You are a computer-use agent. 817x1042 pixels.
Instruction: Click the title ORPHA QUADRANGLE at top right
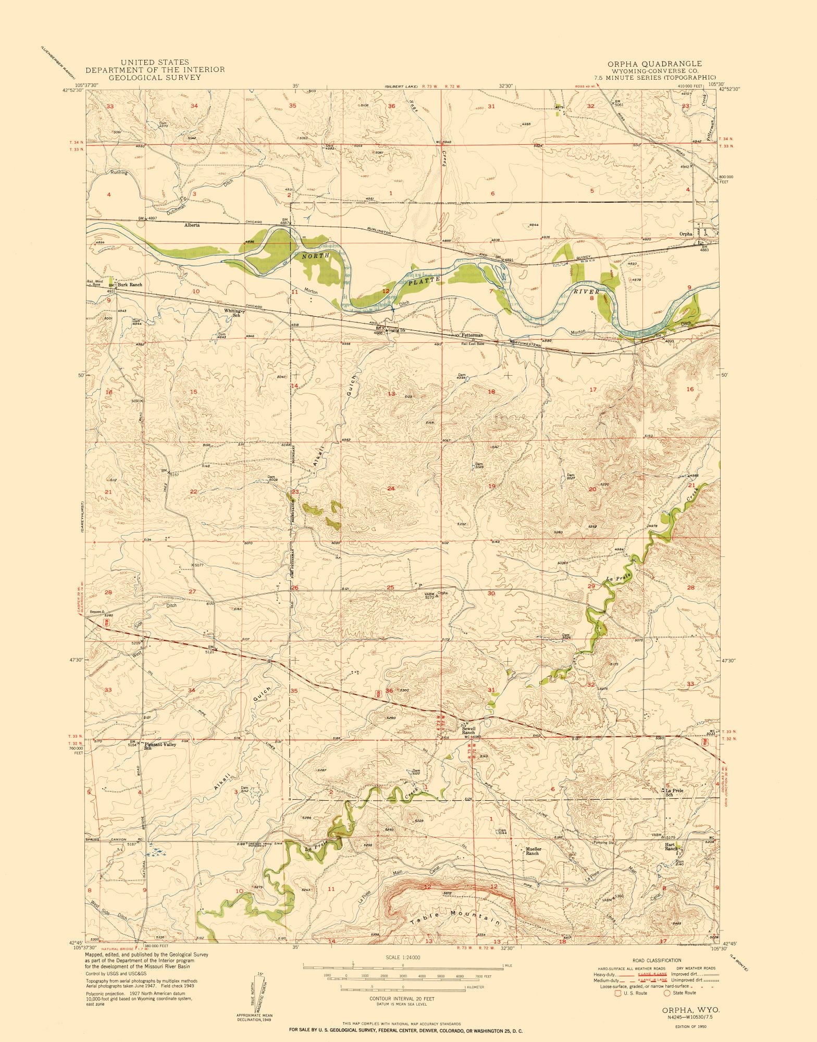(658, 64)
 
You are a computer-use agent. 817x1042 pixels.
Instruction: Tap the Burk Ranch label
(130, 285)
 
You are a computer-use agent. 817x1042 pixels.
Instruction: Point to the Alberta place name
(193, 226)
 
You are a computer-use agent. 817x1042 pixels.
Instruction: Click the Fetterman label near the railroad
(472, 336)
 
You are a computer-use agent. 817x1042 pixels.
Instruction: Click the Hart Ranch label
(671, 848)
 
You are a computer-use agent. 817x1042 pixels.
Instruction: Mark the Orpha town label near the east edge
(686, 234)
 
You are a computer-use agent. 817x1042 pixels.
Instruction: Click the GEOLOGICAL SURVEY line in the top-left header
(151, 77)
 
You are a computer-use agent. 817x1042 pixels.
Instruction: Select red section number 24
(390, 488)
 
